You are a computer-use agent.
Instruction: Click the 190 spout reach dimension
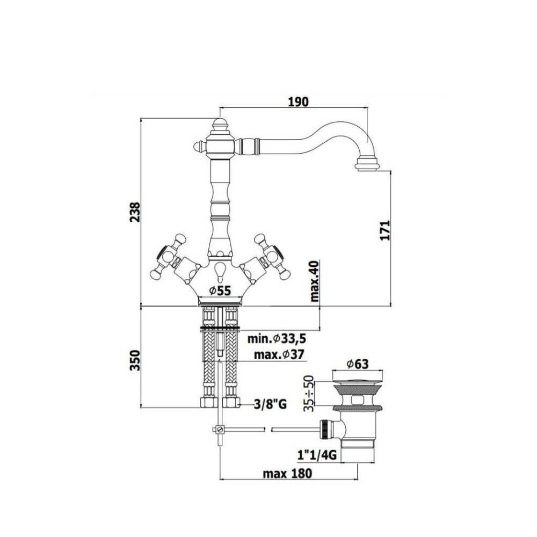click(298, 101)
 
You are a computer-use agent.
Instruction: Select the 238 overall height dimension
click(135, 212)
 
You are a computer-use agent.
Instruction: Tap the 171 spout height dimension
click(385, 230)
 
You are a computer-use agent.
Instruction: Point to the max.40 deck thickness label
click(314, 281)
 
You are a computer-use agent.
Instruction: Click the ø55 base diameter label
click(220, 291)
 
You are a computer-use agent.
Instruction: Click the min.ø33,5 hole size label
click(277, 339)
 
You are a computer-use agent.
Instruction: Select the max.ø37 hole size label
click(279, 354)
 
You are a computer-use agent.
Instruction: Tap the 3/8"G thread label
click(270, 405)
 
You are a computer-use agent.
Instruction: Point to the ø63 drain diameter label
click(357, 364)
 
